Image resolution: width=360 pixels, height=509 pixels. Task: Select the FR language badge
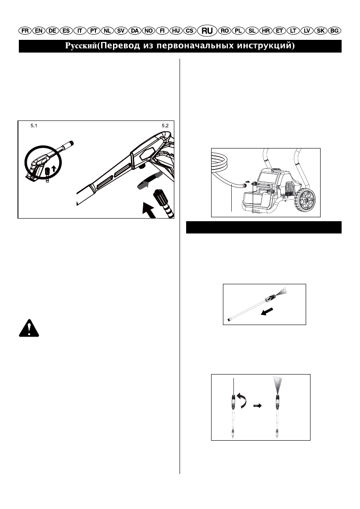[x=25, y=31]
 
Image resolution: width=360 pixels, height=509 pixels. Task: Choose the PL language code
[x=239, y=31]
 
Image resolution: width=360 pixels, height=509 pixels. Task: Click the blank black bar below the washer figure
[x=264, y=228]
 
